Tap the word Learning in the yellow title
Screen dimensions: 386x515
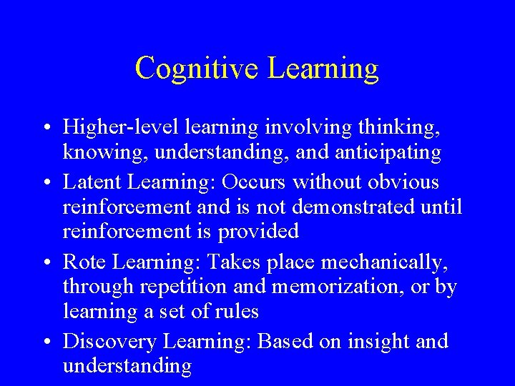point(323,69)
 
